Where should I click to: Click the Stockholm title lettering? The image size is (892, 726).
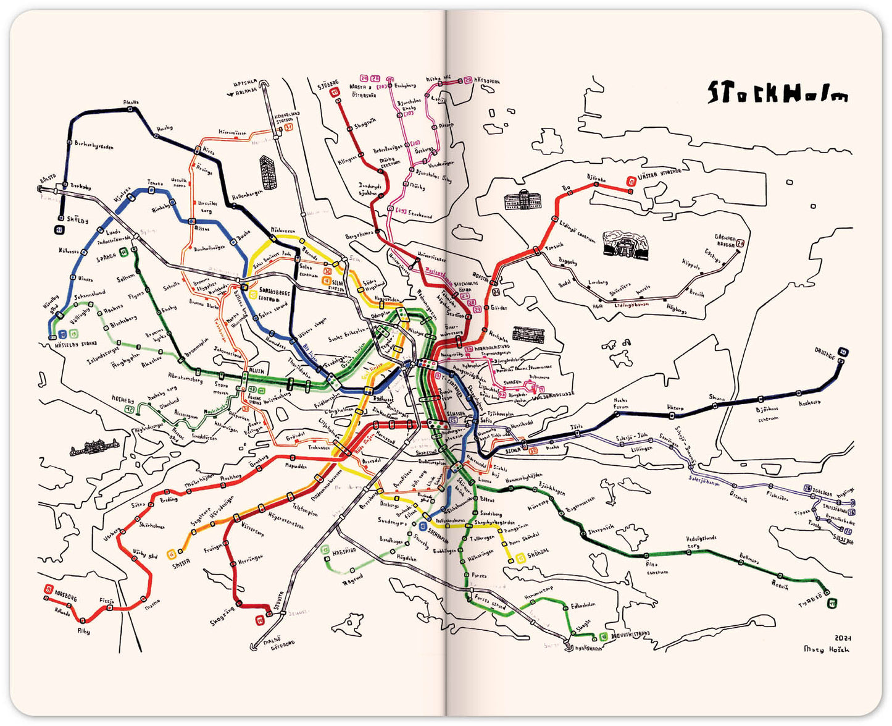778,93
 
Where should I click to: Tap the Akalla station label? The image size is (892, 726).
131,102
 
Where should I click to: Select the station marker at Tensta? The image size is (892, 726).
150,191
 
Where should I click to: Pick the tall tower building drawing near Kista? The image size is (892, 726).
269,172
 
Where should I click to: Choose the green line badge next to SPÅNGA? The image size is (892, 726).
124,251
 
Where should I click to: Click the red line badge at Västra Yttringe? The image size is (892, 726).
631,181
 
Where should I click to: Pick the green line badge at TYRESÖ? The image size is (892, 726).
832,602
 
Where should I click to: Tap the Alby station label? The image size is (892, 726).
83,631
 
